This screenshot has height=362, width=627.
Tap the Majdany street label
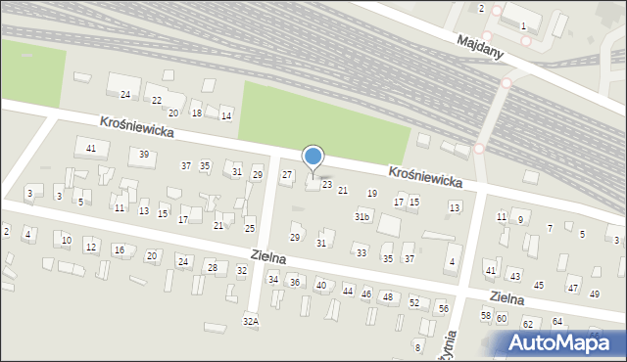480,46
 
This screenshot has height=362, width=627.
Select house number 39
144,155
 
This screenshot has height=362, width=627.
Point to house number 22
157,101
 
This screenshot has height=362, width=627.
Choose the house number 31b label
362,216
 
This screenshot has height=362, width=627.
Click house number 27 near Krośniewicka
287,175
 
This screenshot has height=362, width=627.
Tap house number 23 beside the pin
327,184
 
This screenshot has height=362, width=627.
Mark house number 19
371,194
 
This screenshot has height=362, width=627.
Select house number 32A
251,321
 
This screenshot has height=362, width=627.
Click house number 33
362,253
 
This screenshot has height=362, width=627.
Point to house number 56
443,308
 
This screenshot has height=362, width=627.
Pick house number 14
226,116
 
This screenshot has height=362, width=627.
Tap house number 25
250,229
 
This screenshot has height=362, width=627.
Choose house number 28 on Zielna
212,267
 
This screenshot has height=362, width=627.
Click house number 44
348,292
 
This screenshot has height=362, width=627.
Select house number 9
520,219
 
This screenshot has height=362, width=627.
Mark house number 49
595,294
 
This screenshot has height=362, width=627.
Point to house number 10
67,240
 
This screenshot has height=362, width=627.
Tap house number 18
197,113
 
